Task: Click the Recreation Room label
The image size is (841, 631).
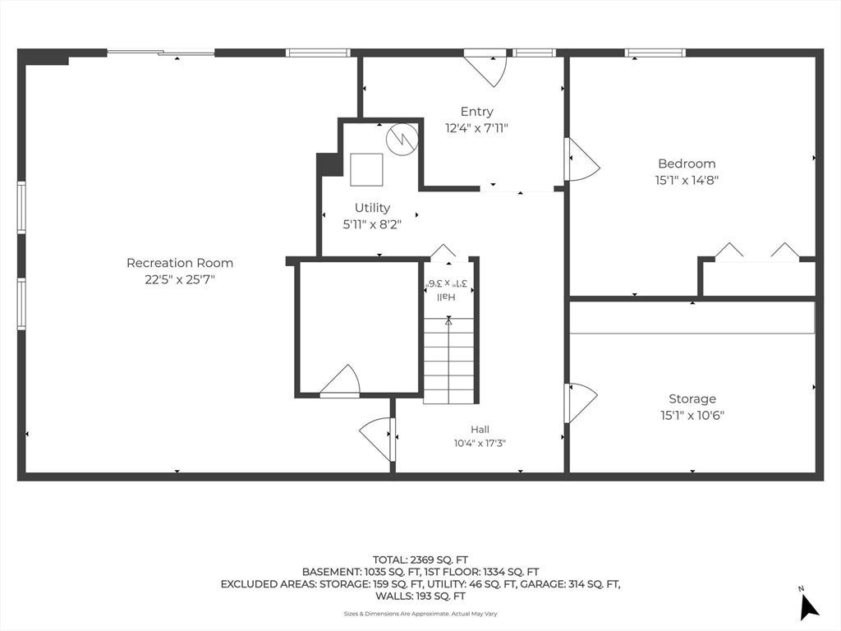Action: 180,263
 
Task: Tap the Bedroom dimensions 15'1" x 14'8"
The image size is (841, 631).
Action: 687,180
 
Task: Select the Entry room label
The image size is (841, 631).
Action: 477,112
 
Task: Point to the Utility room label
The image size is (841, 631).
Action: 372,208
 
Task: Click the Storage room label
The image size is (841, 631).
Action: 692,398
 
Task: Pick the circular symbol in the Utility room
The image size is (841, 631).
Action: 402,139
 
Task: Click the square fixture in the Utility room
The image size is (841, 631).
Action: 367,169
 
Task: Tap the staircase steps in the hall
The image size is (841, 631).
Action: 449,361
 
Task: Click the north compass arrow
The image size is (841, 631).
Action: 808,606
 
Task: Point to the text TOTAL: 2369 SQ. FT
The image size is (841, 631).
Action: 420,560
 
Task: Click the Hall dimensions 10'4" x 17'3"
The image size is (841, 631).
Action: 480,443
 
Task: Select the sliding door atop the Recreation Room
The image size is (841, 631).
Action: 161,53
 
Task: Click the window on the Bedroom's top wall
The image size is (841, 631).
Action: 655,53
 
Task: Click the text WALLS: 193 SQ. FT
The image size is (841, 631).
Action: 420,596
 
